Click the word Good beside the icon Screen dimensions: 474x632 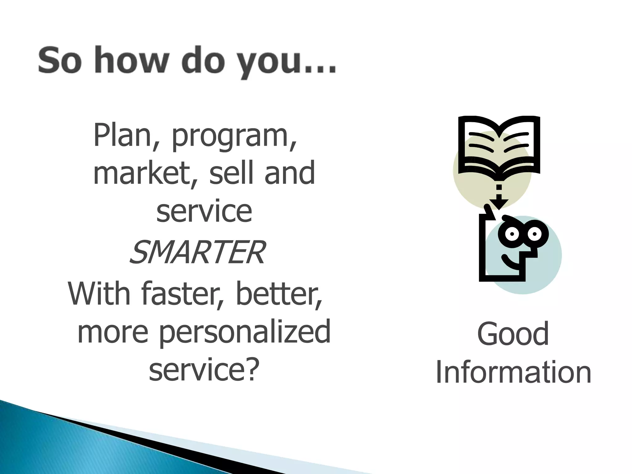pyautogui.click(x=513, y=334)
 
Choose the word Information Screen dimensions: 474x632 pyautogui.click(x=513, y=372)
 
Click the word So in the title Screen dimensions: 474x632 pyautogui.click(x=60, y=60)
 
